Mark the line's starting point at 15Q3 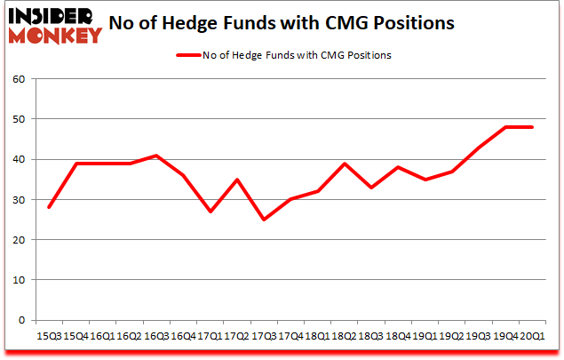(48, 207)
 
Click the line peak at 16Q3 (155, 156)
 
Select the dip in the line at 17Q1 (209, 212)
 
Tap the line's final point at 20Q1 (531, 127)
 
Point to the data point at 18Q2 (343, 164)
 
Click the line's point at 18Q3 (369, 188)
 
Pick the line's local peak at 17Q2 (235, 180)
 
